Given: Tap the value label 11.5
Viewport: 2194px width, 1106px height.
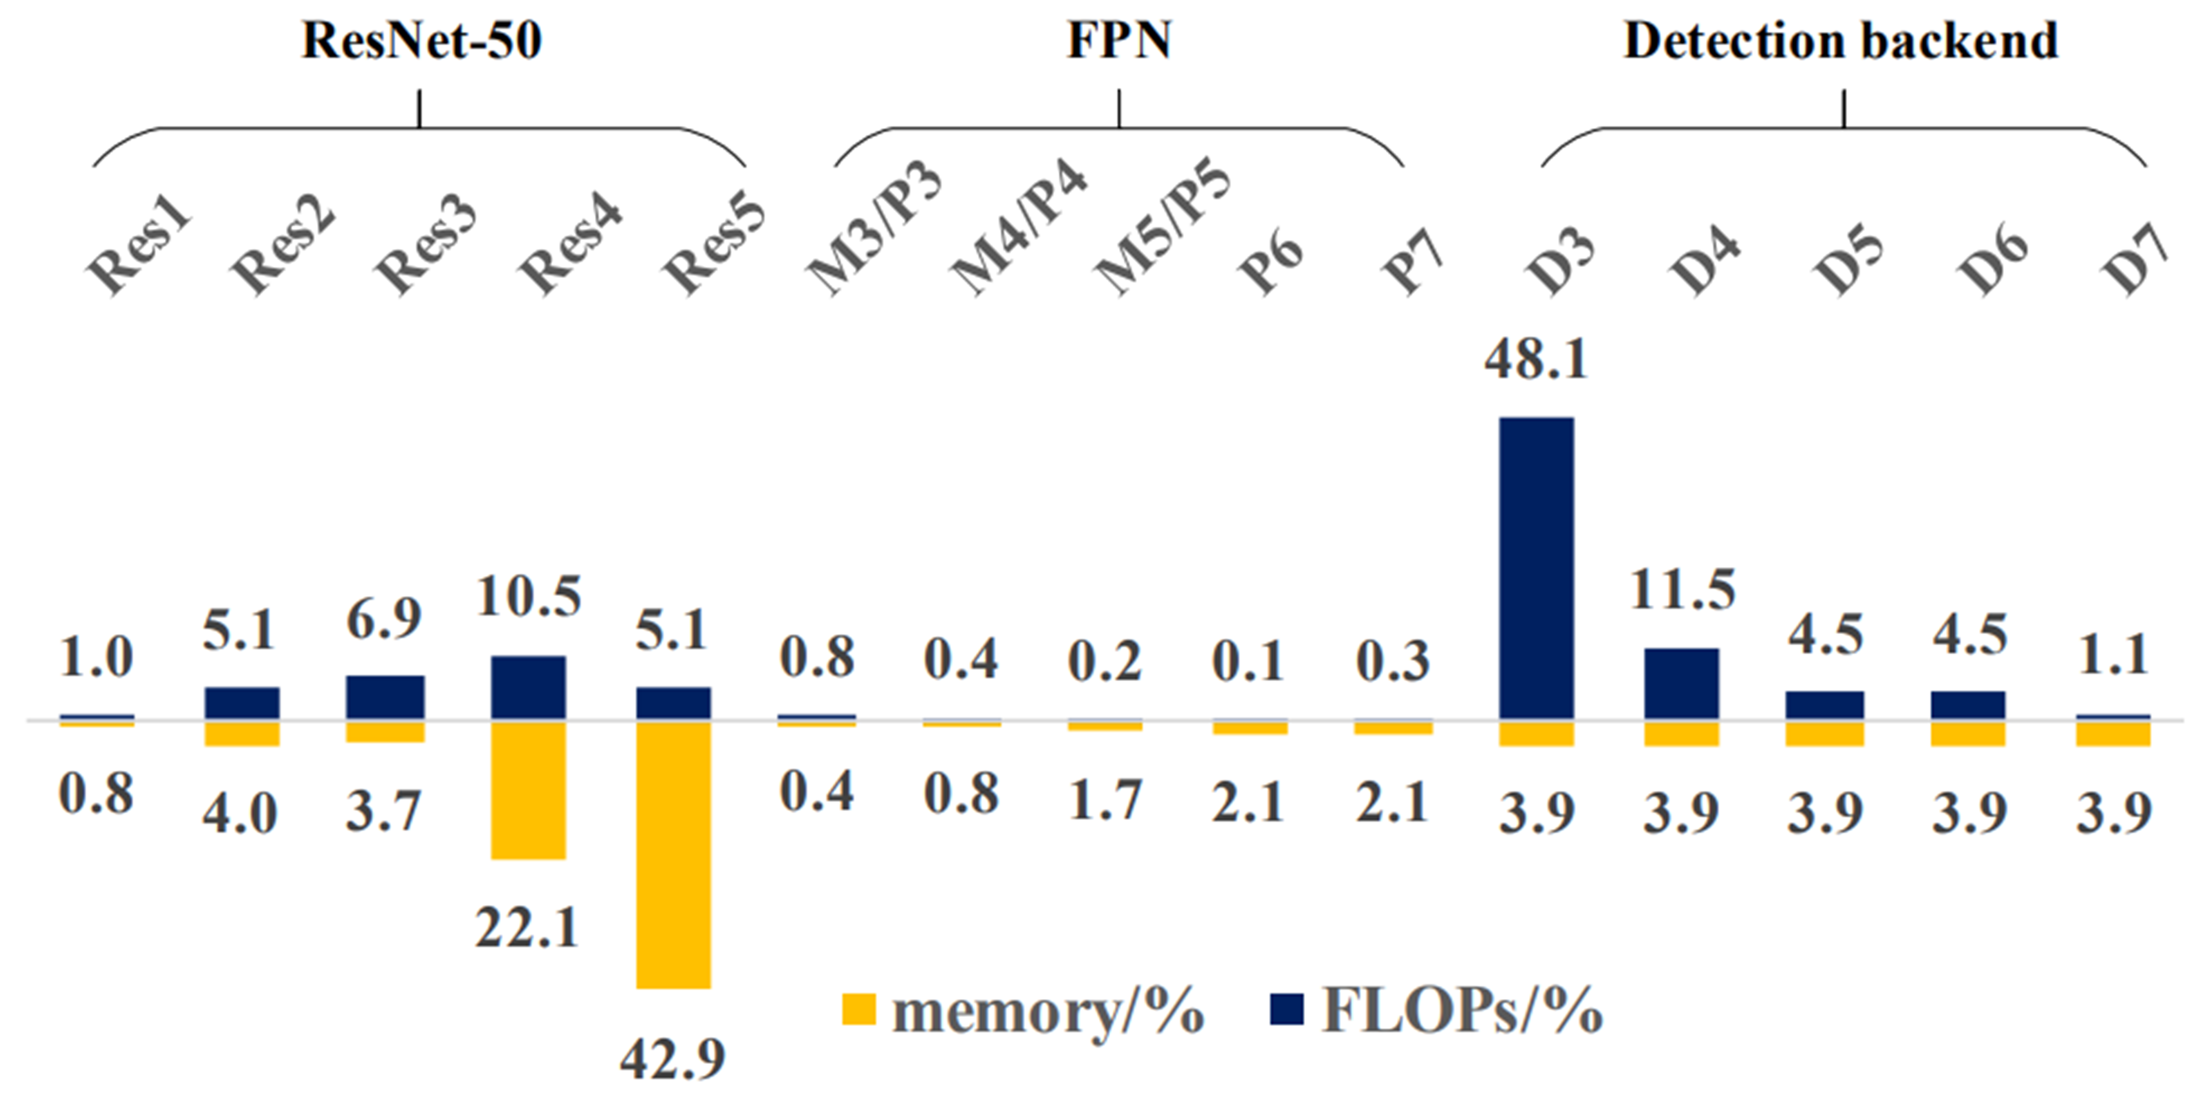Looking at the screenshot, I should tap(1681, 590).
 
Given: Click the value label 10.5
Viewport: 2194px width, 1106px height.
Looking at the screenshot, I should tap(528, 596).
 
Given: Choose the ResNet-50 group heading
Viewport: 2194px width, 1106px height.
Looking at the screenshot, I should tap(422, 40).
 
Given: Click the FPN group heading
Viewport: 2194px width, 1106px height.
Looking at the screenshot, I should tap(1119, 40).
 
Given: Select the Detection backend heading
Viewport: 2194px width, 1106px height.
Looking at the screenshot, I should tap(1841, 40).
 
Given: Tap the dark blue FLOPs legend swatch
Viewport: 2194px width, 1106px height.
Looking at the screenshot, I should tap(1286, 1010).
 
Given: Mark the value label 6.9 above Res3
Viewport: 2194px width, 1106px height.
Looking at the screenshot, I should tap(384, 619).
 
